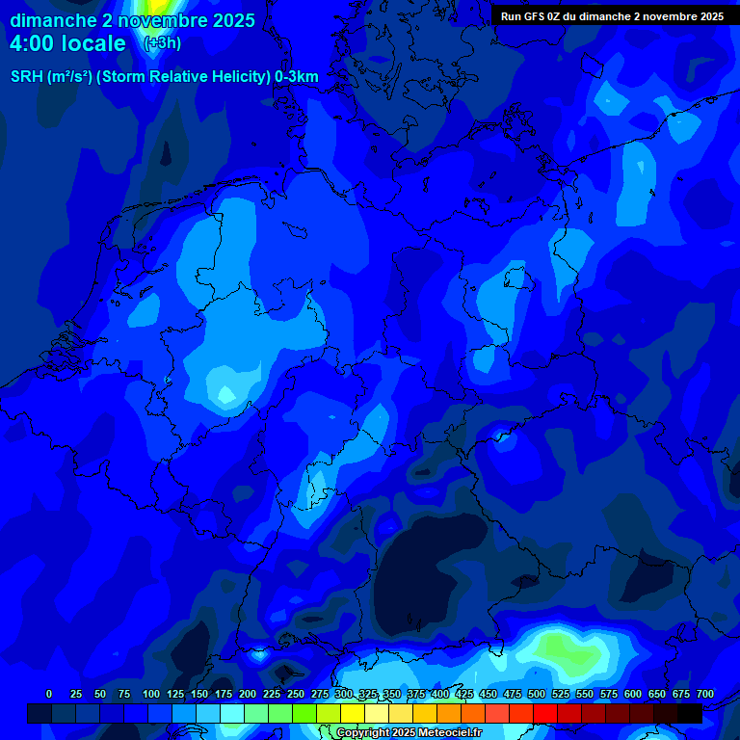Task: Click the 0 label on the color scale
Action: pos(49,694)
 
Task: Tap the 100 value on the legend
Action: pos(151,694)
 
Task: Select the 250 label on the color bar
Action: pos(296,694)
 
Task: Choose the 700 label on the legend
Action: pos(705,694)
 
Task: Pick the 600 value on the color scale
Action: pos(633,694)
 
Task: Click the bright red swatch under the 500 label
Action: pos(545,713)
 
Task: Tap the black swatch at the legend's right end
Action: pos(690,713)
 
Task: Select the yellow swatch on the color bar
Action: pos(353,713)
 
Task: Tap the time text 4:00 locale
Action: pos(67,43)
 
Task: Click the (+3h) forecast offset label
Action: pos(162,43)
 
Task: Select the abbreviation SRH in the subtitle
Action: pos(27,77)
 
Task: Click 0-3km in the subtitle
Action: pos(297,77)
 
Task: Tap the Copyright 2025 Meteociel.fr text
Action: pos(409,733)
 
